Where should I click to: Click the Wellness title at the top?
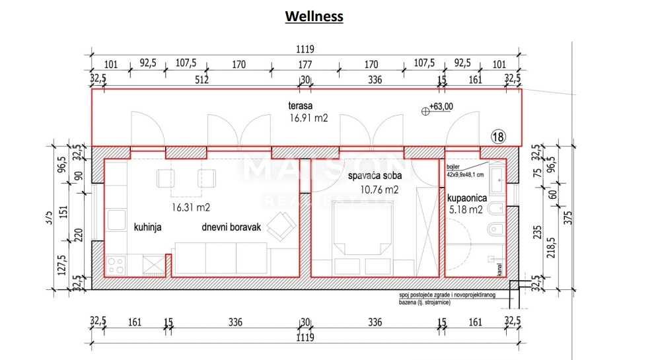[314, 17]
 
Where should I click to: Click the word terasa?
[299, 106]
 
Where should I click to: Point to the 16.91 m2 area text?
[309, 118]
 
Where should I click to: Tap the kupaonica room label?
[467, 198]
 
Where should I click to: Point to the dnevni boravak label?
[231, 227]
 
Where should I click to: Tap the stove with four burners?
[116, 266]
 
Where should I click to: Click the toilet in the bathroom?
[495, 230]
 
